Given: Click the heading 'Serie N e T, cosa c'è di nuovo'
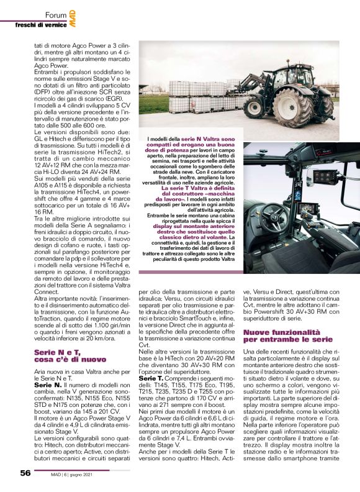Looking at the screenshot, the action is point(66,356).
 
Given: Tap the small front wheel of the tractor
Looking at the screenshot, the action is point(255,107).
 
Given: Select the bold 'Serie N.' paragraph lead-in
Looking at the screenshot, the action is point(47,385).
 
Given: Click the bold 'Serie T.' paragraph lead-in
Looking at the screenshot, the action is point(151,378).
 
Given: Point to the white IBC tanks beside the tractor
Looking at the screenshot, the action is point(197,97).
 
